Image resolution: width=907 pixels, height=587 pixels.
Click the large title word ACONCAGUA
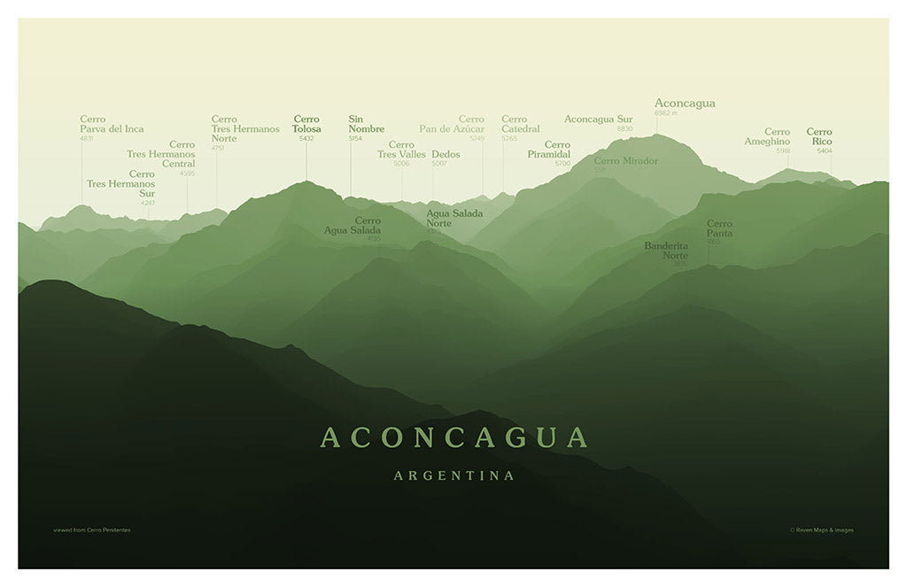point(453,437)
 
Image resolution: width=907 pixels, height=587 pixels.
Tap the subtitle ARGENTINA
point(453,475)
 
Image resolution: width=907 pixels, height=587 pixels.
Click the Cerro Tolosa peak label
point(306,124)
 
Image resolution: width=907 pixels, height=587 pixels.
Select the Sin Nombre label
point(366,124)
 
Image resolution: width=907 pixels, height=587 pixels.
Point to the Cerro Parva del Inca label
point(112,124)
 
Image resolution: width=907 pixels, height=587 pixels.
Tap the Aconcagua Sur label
point(598,120)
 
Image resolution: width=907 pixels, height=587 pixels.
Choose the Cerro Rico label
point(819,136)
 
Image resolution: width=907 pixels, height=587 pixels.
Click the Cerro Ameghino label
point(767,136)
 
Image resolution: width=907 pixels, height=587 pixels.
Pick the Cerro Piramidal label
point(549,150)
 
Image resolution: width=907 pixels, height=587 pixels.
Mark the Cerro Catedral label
point(520,124)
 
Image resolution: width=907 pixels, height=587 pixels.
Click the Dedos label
point(446,154)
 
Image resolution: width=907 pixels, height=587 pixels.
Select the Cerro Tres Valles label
point(401,150)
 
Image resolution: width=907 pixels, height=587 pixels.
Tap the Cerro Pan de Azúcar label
point(452,124)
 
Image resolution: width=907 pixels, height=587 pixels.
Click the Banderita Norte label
point(666,251)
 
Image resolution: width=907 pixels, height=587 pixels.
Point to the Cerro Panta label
point(719,228)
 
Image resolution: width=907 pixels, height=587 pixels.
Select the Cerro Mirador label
point(625,161)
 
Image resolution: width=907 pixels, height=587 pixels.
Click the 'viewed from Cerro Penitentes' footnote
point(91,530)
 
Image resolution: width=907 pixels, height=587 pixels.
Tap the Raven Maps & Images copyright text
point(822,530)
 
